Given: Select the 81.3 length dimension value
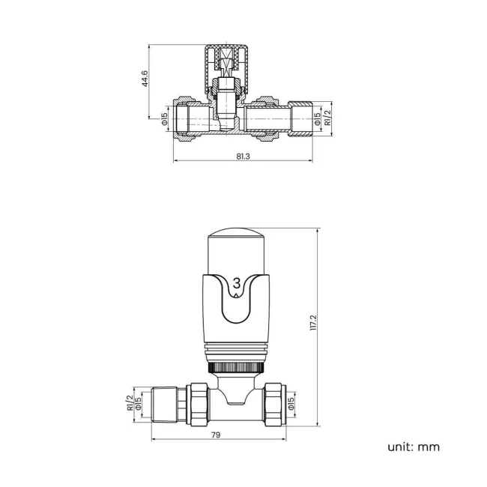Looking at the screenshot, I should click(243, 156).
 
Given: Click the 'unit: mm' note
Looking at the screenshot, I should click(414, 447).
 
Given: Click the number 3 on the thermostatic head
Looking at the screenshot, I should click(237, 282).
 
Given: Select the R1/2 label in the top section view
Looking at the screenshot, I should click(327, 118).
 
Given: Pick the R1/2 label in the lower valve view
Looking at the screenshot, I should click(130, 403).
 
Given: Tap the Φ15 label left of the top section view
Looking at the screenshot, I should click(164, 119).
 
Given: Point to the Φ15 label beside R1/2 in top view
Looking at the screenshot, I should click(317, 118).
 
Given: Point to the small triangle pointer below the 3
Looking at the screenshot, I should click(237, 296).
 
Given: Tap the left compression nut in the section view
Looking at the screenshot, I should click(184, 118).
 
